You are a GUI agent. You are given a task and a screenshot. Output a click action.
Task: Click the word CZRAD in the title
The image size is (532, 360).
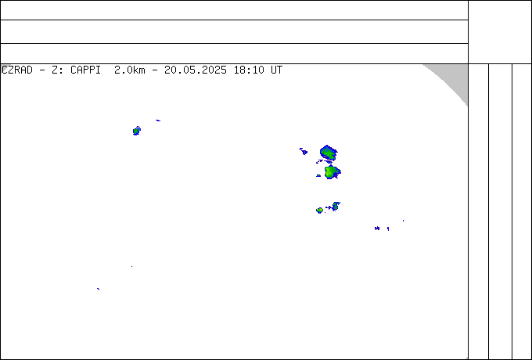click(x=17, y=70)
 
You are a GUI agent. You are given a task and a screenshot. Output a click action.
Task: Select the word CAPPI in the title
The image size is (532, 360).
click(x=85, y=70)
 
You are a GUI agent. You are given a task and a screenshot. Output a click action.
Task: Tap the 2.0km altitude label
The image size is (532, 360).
click(x=130, y=70)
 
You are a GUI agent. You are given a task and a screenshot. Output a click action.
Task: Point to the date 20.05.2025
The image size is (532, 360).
click(x=196, y=70)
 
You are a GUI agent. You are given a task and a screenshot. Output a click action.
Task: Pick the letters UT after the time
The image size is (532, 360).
click(x=276, y=70)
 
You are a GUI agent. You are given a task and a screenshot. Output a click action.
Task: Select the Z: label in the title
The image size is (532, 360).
click(x=57, y=70)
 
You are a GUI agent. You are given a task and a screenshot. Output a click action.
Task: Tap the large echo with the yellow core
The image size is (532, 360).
click(x=331, y=172)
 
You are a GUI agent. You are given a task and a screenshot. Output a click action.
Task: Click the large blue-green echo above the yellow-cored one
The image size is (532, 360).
click(x=329, y=153)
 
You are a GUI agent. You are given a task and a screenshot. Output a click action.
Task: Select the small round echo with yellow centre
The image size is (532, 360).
click(x=320, y=211)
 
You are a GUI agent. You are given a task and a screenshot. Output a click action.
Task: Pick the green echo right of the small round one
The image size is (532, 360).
click(x=335, y=206)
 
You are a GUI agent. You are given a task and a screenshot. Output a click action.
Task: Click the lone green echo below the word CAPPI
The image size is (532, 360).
click(x=136, y=131)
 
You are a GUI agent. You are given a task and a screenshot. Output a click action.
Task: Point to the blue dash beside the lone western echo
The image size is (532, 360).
click(x=158, y=120)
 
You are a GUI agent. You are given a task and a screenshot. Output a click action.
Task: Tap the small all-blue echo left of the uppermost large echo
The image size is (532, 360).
click(x=304, y=152)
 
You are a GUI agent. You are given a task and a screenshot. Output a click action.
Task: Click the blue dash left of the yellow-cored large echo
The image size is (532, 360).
click(x=318, y=176)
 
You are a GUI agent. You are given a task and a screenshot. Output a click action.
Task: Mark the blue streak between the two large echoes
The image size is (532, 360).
click(x=324, y=161)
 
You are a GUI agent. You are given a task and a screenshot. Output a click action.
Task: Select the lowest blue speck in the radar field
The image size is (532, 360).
click(x=98, y=289)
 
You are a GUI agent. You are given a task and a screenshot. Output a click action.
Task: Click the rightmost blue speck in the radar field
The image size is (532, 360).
click(x=403, y=221)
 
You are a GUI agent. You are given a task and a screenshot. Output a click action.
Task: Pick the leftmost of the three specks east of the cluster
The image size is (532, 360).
click(x=377, y=229)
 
